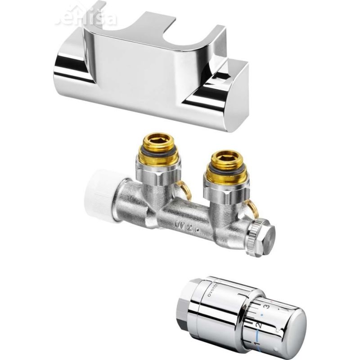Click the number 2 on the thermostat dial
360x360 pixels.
pos(258,325)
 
